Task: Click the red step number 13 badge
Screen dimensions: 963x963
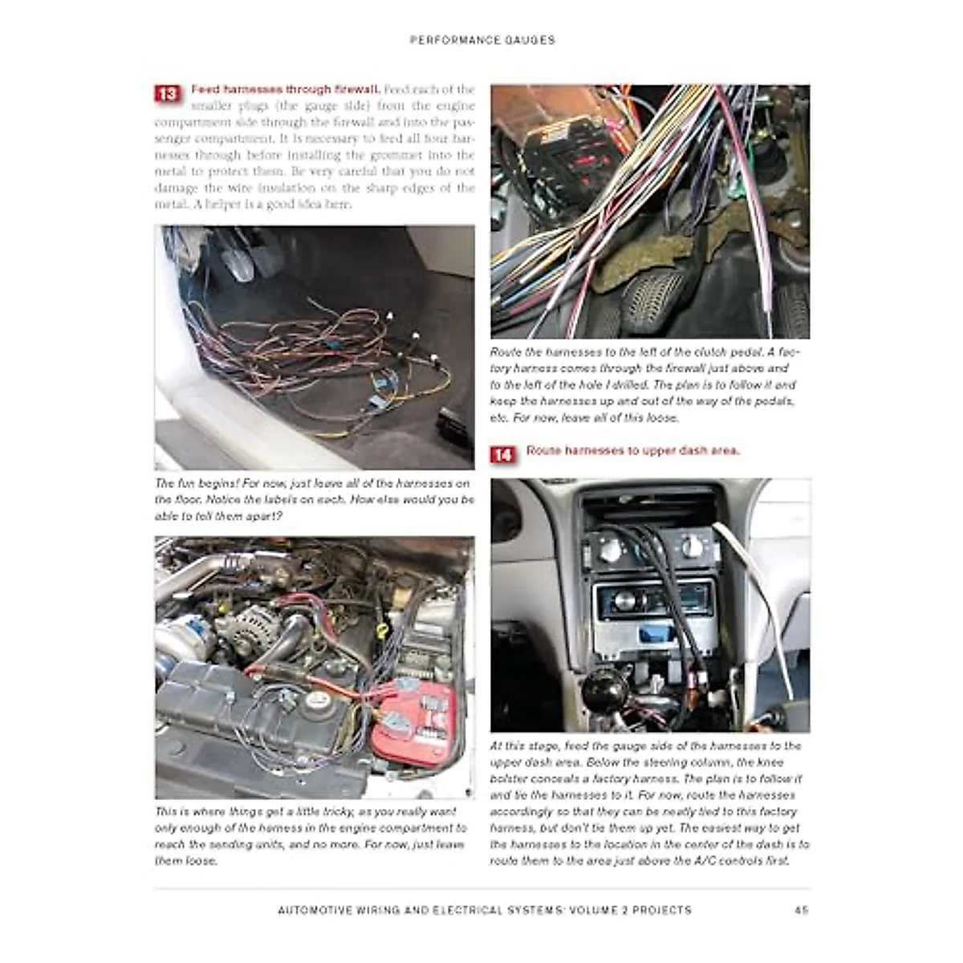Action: coord(166,94)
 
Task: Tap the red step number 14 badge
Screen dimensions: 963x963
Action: coord(502,455)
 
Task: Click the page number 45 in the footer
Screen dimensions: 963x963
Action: coord(800,910)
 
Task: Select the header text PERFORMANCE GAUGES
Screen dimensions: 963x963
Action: coord(482,39)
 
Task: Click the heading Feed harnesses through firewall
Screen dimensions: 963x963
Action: coord(285,89)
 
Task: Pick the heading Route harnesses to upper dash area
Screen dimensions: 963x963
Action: coord(632,450)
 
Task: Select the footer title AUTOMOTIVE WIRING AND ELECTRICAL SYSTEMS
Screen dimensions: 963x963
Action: coord(484,910)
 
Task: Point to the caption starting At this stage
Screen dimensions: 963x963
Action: coord(649,802)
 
